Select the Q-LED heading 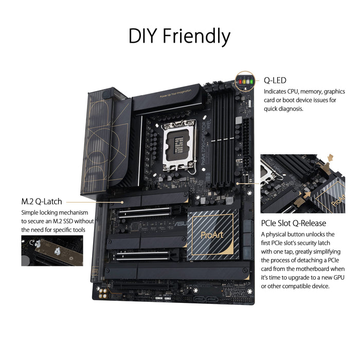(275, 81)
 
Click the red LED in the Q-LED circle (240, 80)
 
